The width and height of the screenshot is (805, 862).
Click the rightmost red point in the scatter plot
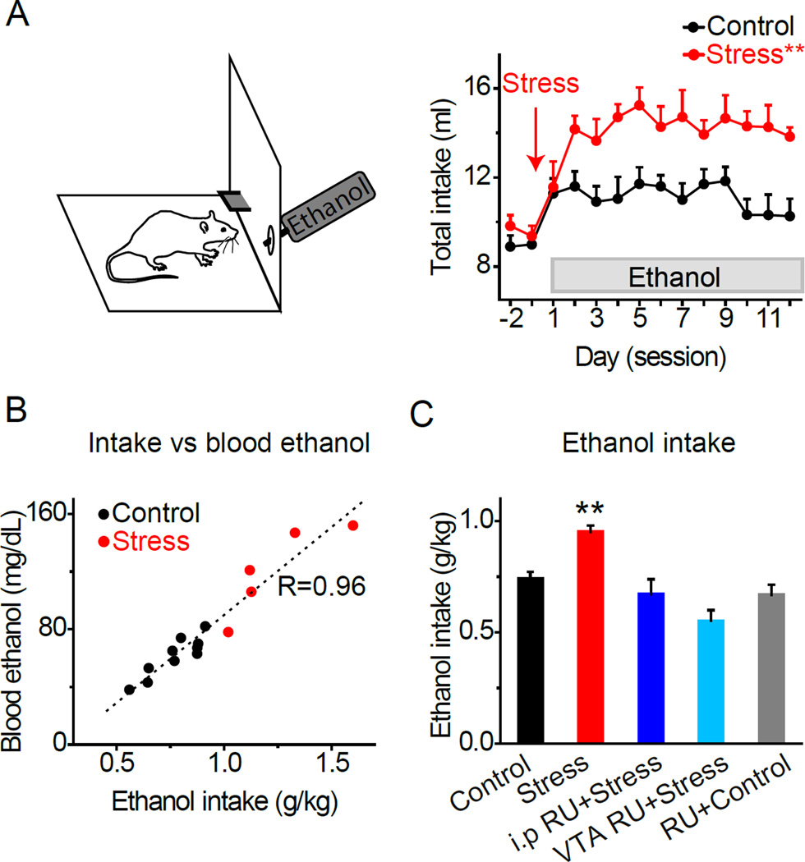click(352, 525)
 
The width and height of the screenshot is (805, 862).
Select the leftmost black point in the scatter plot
click(129, 690)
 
